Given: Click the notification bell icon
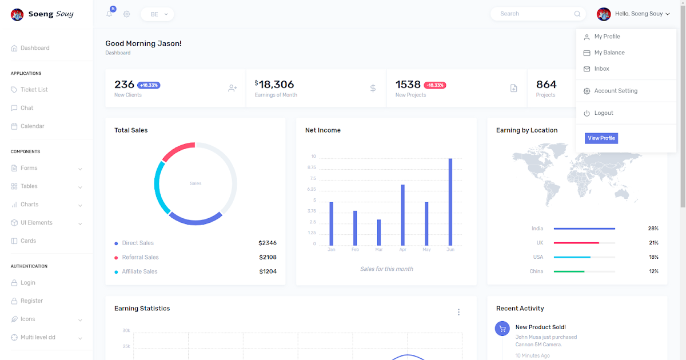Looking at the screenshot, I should (109, 14).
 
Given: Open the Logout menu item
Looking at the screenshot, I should (603, 113).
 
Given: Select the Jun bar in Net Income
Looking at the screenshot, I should (450, 202).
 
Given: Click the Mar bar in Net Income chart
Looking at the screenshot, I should (379, 232).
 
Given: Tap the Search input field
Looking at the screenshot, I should (535, 14).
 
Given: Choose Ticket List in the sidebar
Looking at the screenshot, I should (34, 90).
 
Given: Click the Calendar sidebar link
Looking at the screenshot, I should (32, 126).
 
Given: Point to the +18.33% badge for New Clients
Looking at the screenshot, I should (149, 85).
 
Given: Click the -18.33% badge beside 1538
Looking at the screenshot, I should (435, 85).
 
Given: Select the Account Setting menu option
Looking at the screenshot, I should (615, 91).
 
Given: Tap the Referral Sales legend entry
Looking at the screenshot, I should (140, 257).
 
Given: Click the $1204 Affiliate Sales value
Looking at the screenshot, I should (268, 271).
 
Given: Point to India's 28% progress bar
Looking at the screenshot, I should (584, 229).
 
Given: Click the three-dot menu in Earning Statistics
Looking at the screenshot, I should (458, 312).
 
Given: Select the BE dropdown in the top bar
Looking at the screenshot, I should (157, 14).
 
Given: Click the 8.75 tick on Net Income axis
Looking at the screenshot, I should (312, 167).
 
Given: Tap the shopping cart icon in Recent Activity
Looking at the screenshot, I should (502, 329).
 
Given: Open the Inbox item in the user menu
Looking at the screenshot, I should (601, 69).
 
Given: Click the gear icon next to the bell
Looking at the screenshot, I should (127, 14).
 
